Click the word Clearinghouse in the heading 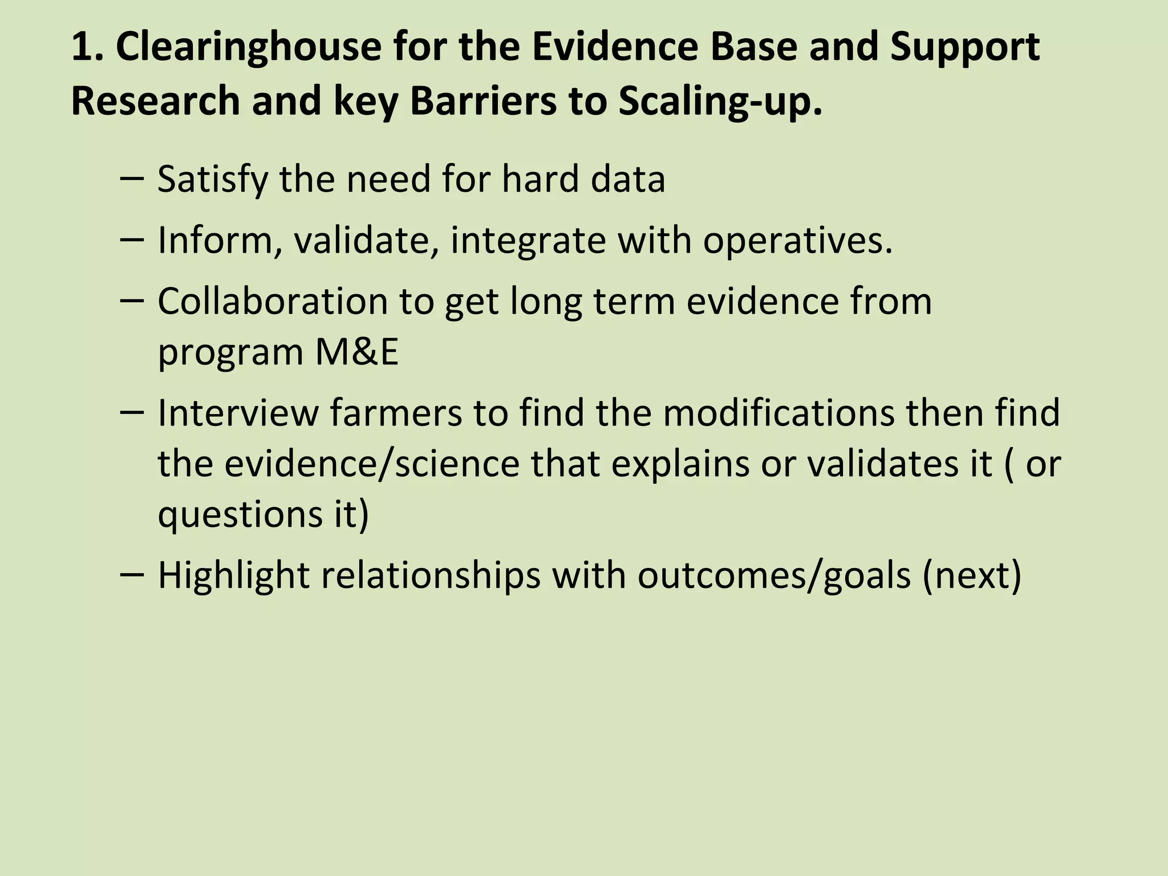[249, 47]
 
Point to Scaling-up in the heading [721, 101]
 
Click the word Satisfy [212, 179]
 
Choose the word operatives [797, 241]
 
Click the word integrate [528, 241]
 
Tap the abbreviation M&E [356, 352]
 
